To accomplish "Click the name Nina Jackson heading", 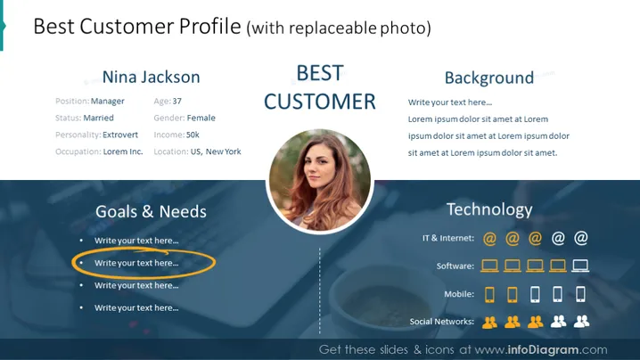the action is coord(151,78).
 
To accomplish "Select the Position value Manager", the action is coord(107,102).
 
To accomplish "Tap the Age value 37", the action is coord(176,102).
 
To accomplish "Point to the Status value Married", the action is coord(98,118).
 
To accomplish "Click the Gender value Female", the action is coord(201,118).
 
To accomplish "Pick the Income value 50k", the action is coord(193,135).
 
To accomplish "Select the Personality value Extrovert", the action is coord(120,135).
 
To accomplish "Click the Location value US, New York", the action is coord(216,151).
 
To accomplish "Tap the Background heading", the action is coord(489,78).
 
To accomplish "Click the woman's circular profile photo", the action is coord(320,181).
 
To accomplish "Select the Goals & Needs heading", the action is coord(151,211).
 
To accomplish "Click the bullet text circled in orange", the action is coord(136,263).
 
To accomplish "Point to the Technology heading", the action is coord(489,209).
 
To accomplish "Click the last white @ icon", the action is coord(581,238).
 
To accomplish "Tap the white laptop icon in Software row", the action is coord(580,266).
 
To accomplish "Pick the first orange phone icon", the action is coord(489,294).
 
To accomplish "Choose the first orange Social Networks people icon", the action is coord(489,322).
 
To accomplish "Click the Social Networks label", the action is coord(442,322).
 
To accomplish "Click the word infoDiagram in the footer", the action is coord(543,350).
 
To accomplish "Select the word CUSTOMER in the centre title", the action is coord(320,102).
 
